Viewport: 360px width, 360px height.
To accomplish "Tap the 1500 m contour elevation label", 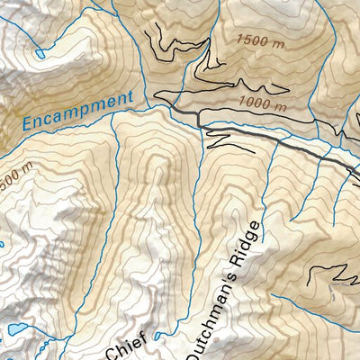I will tap(262, 40).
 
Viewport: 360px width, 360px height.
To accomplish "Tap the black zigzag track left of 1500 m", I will tap(162, 40).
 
